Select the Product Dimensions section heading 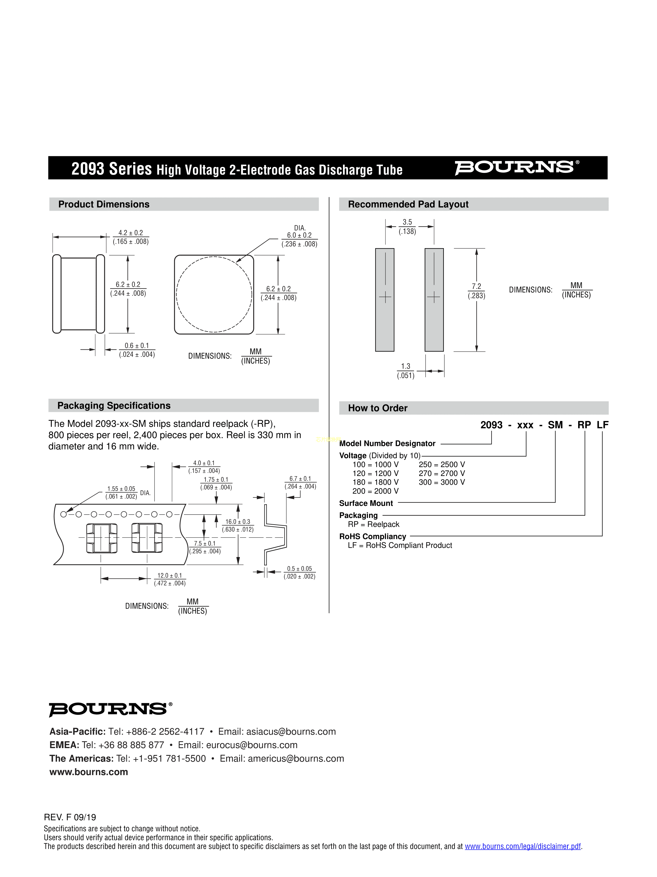104,204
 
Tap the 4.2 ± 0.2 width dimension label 131,237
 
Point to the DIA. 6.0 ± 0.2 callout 299,236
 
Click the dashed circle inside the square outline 214,294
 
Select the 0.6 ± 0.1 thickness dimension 137,350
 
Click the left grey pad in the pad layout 385,300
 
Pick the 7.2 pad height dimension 476,291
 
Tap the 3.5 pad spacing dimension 407,227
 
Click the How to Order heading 377,408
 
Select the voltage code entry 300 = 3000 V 441,482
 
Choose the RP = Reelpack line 373,524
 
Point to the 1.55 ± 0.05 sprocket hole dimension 121,492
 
